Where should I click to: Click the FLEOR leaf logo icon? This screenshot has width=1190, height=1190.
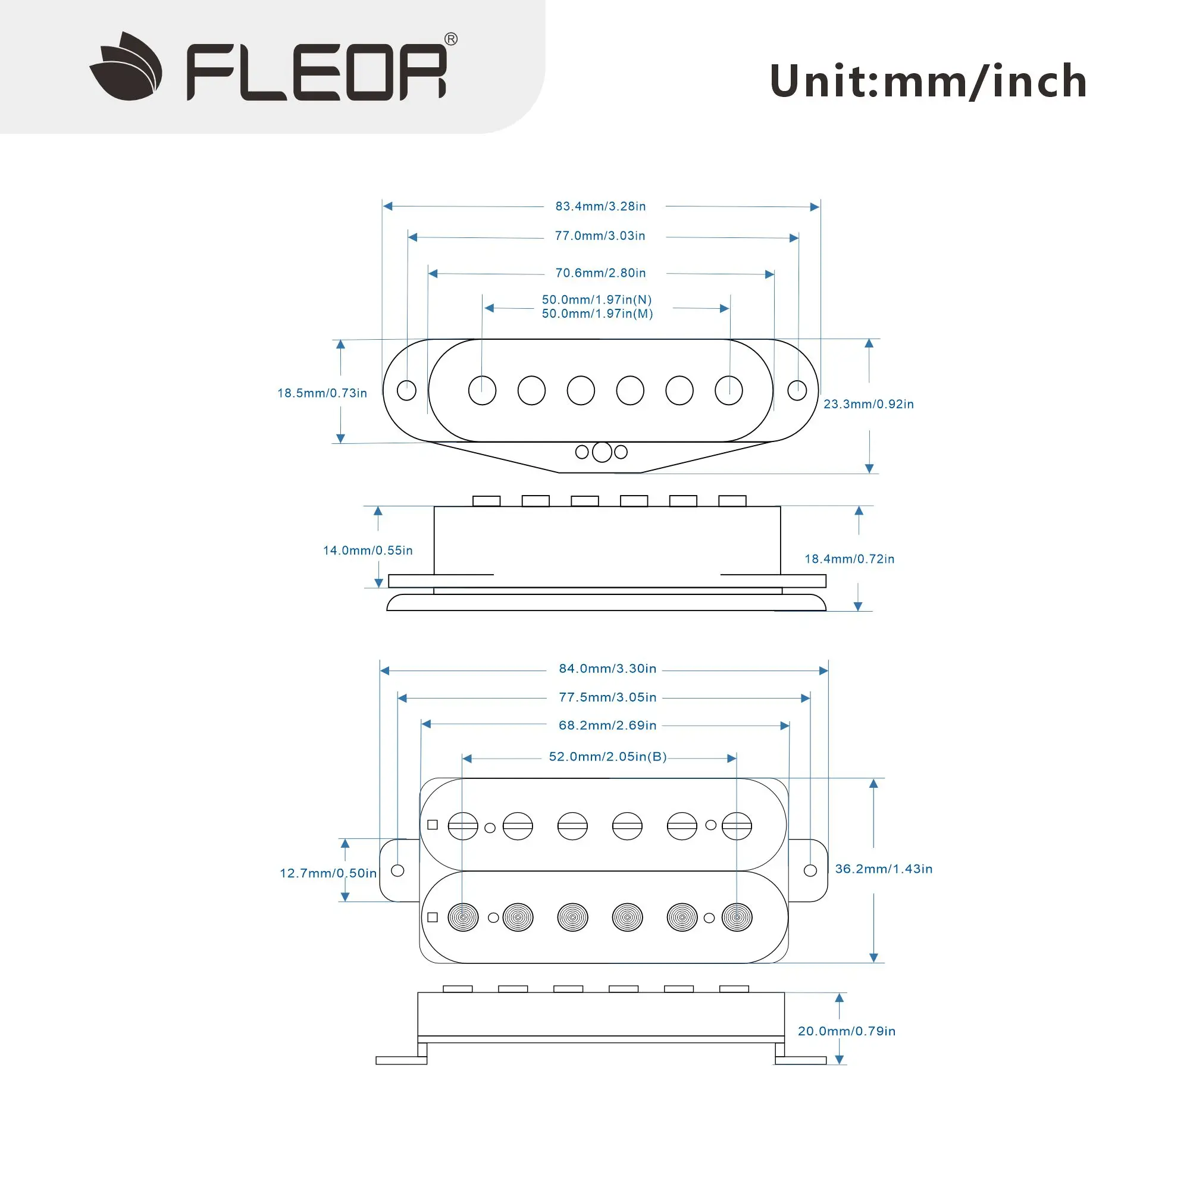[126, 67]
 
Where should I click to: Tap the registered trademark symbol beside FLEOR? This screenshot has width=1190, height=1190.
[451, 39]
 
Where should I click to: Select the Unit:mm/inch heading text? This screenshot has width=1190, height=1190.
[928, 82]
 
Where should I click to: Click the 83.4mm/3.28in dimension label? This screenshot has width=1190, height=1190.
[600, 206]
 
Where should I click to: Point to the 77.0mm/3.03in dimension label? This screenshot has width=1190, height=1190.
[600, 236]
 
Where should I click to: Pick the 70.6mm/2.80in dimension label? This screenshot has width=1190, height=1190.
[600, 273]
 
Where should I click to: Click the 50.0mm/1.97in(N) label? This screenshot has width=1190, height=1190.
[597, 300]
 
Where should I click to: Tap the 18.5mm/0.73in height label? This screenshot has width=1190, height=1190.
[322, 393]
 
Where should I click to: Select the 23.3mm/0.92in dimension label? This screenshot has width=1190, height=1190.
[869, 404]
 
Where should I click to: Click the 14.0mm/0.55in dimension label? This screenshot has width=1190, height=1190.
[368, 550]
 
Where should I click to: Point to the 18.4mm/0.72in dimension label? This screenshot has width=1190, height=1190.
[850, 559]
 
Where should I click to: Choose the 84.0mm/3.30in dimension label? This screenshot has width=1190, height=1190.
[607, 668]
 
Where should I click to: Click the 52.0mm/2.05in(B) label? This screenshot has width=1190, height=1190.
[608, 756]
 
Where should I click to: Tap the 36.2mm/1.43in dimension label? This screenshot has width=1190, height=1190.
[883, 869]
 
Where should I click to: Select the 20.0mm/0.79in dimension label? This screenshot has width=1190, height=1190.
[846, 1031]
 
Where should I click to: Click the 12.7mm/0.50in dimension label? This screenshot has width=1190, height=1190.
[328, 873]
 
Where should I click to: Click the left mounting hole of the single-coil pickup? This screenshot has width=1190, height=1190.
[406, 390]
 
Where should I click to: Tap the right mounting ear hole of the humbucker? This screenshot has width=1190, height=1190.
[810, 870]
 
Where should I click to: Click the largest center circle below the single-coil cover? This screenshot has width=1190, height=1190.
[602, 452]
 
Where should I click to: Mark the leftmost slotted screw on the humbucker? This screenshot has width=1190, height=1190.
[463, 826]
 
